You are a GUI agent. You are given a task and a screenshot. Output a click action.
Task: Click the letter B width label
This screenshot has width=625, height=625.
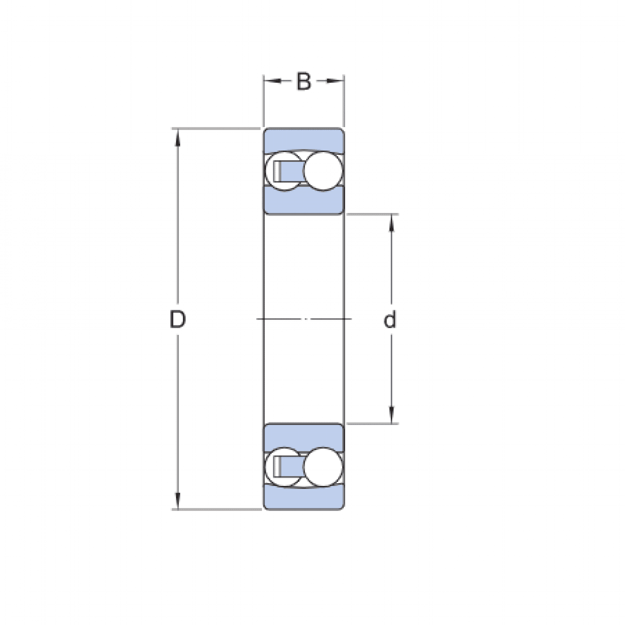point(304,82)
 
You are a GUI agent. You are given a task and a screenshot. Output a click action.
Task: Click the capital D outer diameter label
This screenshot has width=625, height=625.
point(178,320)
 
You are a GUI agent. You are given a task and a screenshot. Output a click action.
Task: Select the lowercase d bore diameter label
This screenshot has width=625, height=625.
point(390,320)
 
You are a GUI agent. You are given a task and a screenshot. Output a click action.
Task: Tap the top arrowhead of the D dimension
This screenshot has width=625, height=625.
point(178,135)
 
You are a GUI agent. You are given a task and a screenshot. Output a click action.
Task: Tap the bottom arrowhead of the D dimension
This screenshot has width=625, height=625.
point(178,503)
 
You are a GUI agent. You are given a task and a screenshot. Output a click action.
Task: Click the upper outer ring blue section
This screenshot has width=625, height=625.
point(303,140)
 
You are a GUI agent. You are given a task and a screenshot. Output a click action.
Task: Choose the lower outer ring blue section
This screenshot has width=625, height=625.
point(303,498)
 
